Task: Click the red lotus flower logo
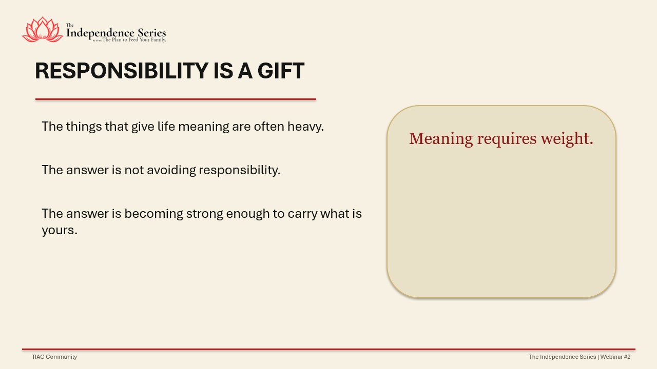pyautogui.click(x=43, y=30)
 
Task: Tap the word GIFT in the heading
pyautogui.click(x=281, y=71)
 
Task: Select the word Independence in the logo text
pyautogui.click(x=100, y=33)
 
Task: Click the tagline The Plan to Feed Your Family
pyautogui.click(x=134, y=40)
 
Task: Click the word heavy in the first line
pyautogui.click(x=305, y=127)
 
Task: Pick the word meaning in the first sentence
pyautogui.click(x=204, y=127)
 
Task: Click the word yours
pyautogui.click(x=60, y=231)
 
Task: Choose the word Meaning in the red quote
pyautogui.click(x=441, y=139)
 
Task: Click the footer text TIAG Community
pyautogui.click(x=54, y=357)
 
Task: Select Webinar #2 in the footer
pyautogui.click(x=615, y=357)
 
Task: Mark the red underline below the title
pyautogui.click(x=176, y=99)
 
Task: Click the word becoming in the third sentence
pyautogui.click(x=153, y=214)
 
